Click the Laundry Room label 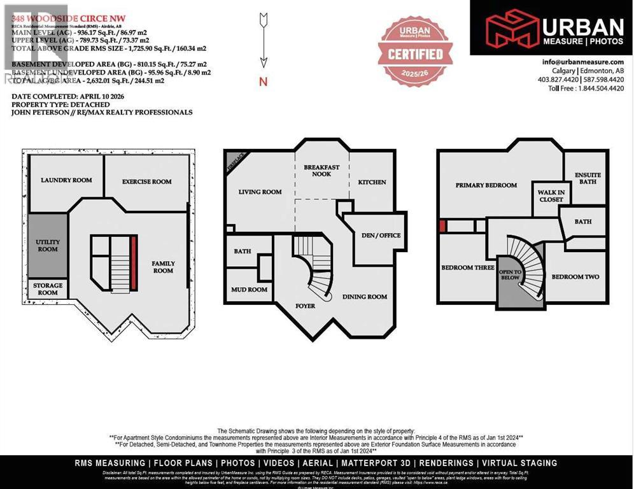pos(66,180)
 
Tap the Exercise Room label pos(147,181)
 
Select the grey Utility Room pos(47,245)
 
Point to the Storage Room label pos(48,289)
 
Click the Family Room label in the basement pos(163,267)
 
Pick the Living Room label pos(260,192)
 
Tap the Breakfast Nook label pos(321,171)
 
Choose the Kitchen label pos(372,182)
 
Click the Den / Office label pos(381,236)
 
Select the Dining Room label pos(365,297)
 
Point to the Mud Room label pos(249,290)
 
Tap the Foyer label pos(306,306)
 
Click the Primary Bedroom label pos(486,185)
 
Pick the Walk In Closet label pos(551,195)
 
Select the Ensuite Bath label pos(588,178)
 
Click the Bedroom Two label pos(575,277)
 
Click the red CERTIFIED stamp pos(416,53)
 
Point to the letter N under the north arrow pos(263,81)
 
